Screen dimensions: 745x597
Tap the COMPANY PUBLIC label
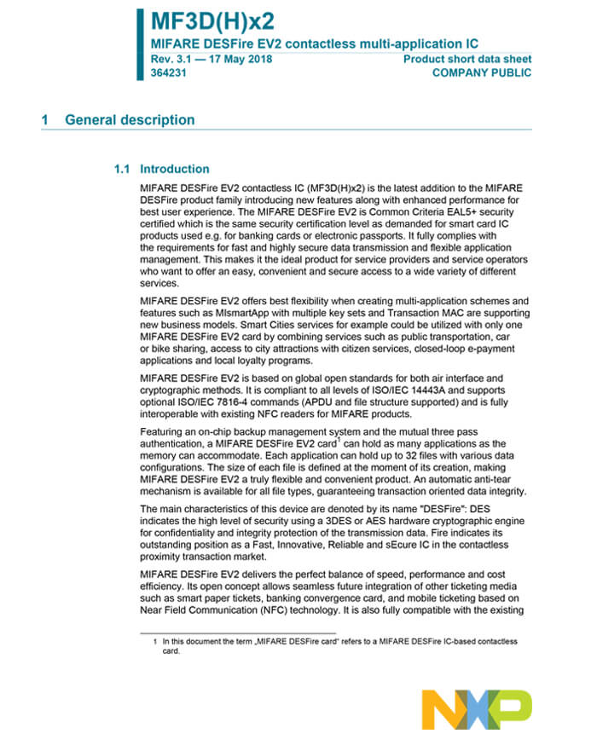point(482,73)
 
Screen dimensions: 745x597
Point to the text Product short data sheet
point(467,59)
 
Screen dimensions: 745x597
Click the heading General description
point(130,120)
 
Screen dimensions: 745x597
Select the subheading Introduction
point(175,169)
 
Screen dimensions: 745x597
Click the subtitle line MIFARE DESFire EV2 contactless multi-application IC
point(314,43)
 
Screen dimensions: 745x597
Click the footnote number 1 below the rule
point(155,641)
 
